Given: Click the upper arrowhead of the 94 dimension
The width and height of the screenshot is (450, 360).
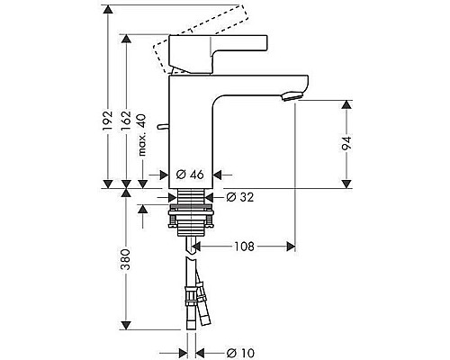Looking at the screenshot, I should point(347,103).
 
